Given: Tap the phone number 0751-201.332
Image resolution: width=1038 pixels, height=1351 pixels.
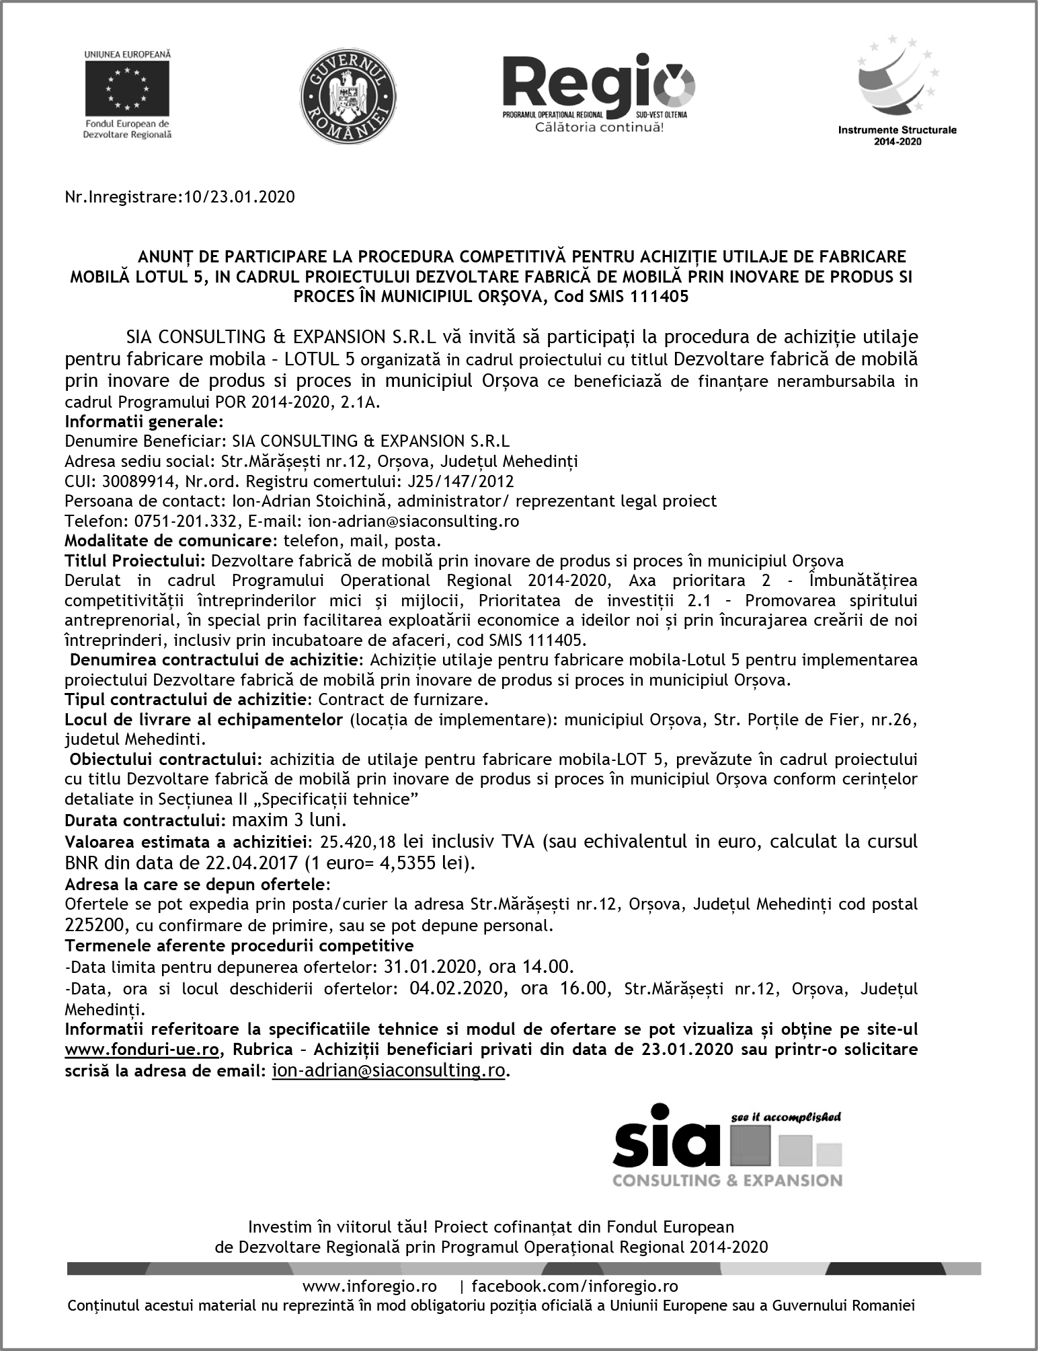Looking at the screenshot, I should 175,521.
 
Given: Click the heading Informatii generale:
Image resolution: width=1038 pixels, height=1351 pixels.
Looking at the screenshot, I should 144,422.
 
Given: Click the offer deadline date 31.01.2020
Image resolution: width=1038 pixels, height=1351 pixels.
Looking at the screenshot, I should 430,967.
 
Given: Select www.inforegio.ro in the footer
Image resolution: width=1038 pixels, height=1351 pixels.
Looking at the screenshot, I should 370,1286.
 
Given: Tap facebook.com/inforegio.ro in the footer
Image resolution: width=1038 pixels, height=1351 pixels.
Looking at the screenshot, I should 575,1286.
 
